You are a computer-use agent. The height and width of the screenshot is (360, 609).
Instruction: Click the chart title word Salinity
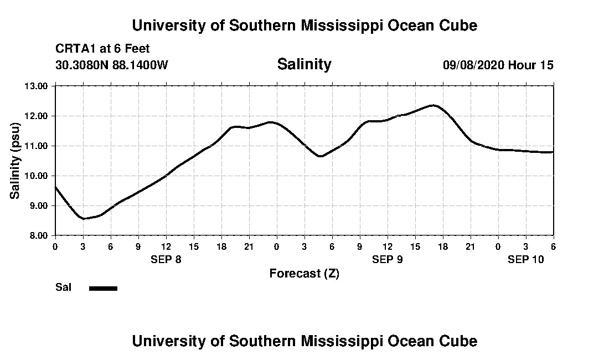(x=304, y=64)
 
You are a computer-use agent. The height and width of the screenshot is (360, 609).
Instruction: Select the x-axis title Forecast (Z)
(x=304, y=273)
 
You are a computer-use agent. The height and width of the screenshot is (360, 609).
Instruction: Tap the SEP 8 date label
(x=166, y=260)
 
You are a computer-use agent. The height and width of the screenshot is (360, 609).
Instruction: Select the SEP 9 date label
(x=388, y=260)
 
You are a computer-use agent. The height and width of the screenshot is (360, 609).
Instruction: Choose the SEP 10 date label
(x=526, y=260)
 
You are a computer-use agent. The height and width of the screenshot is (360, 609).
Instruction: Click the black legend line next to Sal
(x=103, y=288)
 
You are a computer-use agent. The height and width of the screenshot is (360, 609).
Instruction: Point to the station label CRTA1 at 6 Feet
(x=103, y=49)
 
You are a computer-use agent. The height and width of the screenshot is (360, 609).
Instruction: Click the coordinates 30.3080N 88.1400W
(x=112, y=65)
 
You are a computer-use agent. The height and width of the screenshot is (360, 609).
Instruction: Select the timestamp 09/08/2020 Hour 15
(x=498, y=65)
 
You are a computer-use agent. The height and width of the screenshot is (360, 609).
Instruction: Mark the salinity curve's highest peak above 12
(x=433, y=105)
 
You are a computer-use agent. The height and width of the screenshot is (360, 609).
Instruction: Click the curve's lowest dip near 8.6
(x=84, y=218)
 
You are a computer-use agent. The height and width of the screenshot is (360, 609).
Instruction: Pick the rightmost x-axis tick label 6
(x=553, y=246)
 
